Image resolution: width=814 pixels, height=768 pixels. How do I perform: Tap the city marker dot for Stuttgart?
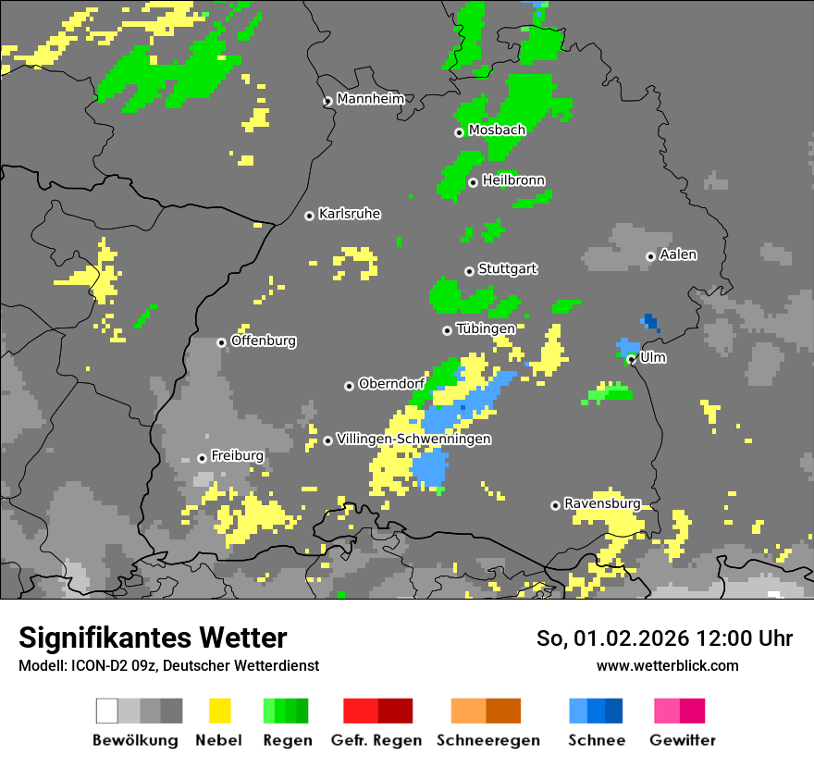469,271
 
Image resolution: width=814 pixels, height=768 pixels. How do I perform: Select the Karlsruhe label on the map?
350,214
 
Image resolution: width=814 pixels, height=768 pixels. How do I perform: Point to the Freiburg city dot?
202,458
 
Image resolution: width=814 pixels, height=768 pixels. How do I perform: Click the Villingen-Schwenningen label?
414,439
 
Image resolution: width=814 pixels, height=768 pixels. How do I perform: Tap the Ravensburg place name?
603,503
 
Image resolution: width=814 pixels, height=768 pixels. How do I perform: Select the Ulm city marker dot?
631,360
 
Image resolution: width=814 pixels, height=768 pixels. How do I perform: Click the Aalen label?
679,254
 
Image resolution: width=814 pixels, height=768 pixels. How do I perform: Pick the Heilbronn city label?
513,180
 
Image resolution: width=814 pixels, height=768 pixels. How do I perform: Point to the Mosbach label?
497,130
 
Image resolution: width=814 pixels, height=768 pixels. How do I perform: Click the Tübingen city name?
486,328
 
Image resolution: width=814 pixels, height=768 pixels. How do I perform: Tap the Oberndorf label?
391,384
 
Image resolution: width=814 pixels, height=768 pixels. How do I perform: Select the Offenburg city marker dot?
221,342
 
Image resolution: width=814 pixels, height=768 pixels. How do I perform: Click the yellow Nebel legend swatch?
220,711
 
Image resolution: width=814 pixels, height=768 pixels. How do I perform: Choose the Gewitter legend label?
683,740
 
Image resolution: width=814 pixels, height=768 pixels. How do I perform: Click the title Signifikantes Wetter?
153,638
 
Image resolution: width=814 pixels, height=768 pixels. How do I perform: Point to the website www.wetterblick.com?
668,665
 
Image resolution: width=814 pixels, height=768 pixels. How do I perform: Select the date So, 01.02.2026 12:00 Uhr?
664,638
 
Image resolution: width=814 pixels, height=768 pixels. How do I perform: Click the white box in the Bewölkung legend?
107,711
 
